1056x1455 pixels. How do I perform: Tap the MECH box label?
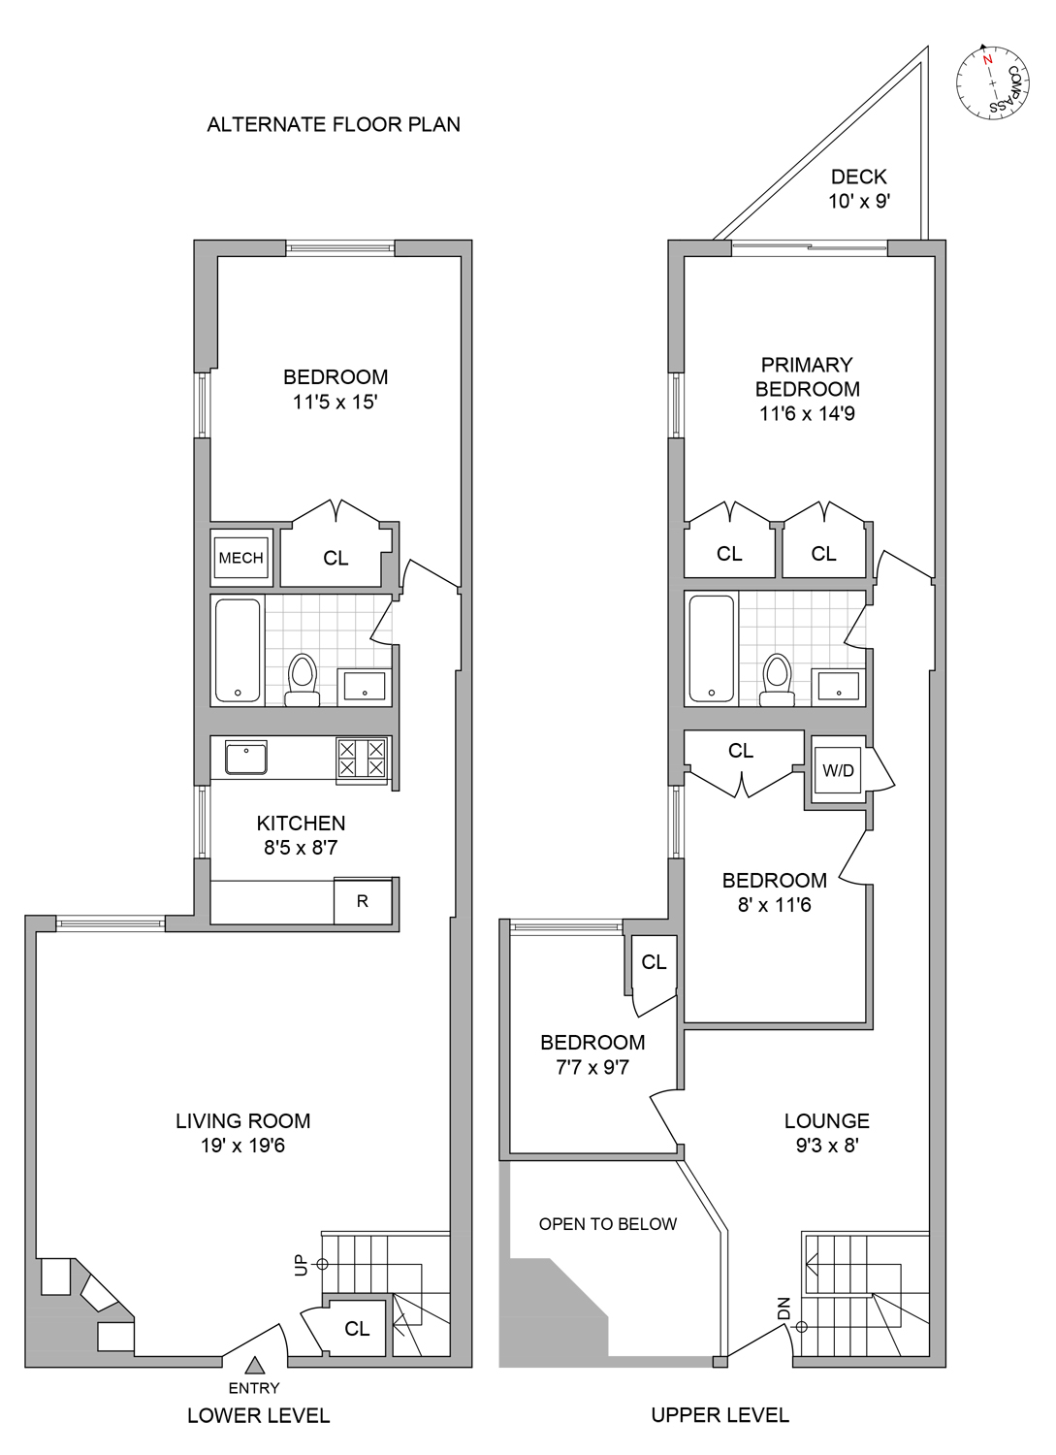pos(240,558)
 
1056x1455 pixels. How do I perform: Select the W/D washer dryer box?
pos(838,770)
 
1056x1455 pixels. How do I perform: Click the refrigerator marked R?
pos(363,901)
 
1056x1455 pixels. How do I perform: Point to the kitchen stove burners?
pos(362,759)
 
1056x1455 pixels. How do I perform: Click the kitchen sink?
pos(245,758)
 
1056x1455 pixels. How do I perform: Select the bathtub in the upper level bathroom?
pos(711,648)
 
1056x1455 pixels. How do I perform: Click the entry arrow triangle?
pos(254,1366)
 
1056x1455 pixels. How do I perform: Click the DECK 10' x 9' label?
pos(859,189)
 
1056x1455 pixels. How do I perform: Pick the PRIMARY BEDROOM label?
pos(807,377)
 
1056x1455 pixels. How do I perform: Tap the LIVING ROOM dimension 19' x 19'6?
pos(242,1146)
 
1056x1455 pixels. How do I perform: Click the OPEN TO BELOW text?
pos(608,1224)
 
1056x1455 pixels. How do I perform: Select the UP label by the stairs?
pos(301,1265)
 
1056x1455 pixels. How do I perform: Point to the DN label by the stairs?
pos(784,1309)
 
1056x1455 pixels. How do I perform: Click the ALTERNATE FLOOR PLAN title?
pos(334,124)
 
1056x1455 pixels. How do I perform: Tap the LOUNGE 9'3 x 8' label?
pos(827,1132)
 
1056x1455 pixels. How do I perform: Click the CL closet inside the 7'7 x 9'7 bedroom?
pos(654,962)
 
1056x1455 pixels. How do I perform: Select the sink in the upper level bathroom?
pos(839,686)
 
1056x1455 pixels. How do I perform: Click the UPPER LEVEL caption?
pos(720,1415)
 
